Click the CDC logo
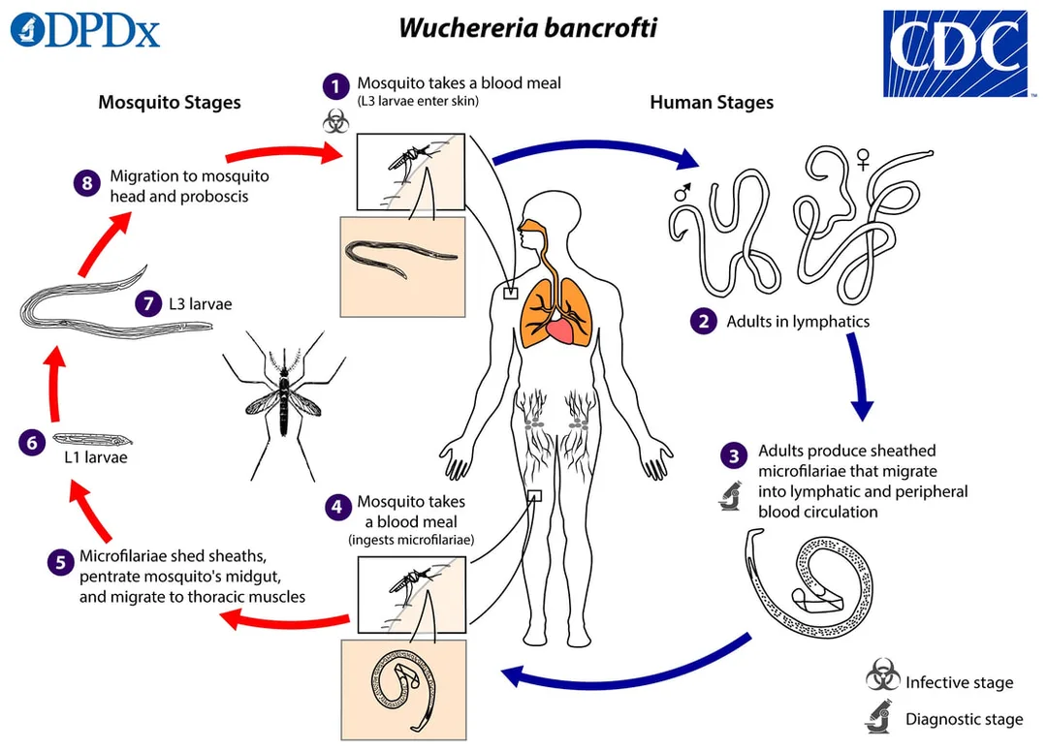[x=955, y=53]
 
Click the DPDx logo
[x=85, y=30]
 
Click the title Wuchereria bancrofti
[x=527, y=27]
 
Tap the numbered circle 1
[x=335, y=86]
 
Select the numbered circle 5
[x=60, y=562]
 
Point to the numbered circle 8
[x=87, y=182]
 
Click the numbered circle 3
[x=734, y=456]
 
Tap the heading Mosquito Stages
[x=170, y=102]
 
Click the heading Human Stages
[x=712, y=102]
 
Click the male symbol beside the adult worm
[x=682, y=192]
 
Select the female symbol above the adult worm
[x=864, y=160]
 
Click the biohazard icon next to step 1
[x=335, y=122]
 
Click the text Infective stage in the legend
[x=960, y=682]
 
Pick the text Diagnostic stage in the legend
[x=965, y=719]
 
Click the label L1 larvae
[x=95, y=457]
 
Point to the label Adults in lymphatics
[x=798, y=321]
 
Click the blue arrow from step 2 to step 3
[x=859, y=377]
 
